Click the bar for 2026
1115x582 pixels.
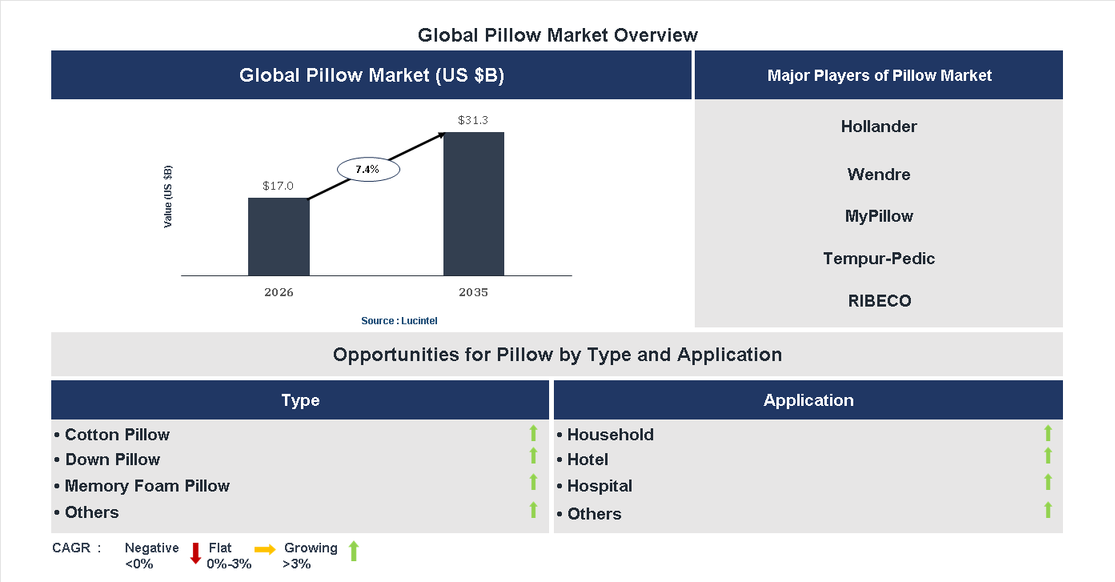click(279, 237)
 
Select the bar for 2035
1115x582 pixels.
click(474, 204)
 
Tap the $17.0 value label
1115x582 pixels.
click(279, 186)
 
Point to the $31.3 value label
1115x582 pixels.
click(473, 120)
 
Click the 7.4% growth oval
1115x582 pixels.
click(368, 170)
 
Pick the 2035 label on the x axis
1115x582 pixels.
click(473, 292)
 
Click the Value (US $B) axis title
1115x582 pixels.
click(168, 196)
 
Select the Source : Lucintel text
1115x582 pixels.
click(399, 320)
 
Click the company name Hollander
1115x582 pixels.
click(879, 126)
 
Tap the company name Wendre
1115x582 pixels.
click(879, 175)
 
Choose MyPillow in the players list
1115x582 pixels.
click(879, 216)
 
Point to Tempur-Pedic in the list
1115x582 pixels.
click(879, 259)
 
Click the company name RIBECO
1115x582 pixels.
click(879, 301)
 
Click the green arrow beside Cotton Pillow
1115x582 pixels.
click(533, 434)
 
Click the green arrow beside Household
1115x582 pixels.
click(1048, 434)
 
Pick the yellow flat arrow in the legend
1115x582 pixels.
click(265, 549)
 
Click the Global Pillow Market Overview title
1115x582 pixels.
click(558, 35)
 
